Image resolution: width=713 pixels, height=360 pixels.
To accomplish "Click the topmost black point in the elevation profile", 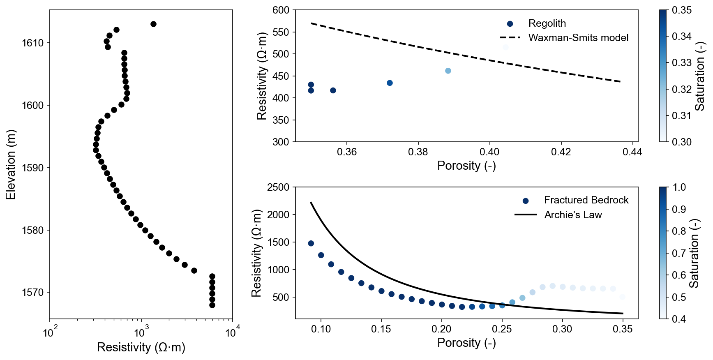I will pos(153,24).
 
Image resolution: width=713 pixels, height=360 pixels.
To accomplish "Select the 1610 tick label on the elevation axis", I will pos(33,43).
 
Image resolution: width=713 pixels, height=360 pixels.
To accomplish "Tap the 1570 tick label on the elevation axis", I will pos(33,293).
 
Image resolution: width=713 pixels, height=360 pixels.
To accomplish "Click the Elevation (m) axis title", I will pos(11,164).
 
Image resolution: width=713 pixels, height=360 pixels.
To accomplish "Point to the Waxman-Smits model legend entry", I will pos(578,38).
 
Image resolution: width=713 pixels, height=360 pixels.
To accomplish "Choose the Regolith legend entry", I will pos(547,23).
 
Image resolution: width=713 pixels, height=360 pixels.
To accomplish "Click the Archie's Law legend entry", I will pos(573,215).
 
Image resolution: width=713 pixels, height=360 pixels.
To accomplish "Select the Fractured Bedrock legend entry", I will pos(586,200).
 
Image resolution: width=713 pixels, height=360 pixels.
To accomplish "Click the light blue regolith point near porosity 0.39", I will pos(448,71).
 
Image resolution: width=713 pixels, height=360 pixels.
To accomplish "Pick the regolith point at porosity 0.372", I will pos(390,83).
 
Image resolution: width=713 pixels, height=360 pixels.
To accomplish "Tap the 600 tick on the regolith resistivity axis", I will pos(281,10).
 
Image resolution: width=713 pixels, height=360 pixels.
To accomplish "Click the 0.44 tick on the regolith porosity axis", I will pos(632,152).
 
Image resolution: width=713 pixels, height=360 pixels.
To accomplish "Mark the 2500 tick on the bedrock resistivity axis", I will pos(278,187).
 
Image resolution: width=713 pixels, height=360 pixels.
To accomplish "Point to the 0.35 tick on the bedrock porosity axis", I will pos(622,329).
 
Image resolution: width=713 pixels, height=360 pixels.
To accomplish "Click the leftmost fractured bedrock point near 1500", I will pos(311,243).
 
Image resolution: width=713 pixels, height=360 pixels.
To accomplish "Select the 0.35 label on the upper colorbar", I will pos(682,10).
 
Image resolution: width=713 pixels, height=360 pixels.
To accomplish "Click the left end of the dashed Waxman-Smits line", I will pos(312,23).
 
